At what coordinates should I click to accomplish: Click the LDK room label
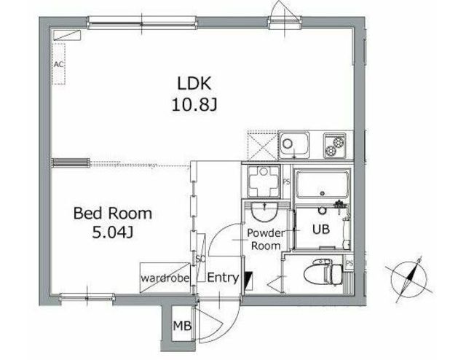pos(194,84)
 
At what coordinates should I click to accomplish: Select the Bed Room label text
pos(113,214)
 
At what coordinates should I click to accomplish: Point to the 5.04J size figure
pos(113,232)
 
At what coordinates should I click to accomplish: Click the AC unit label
pos(59,64)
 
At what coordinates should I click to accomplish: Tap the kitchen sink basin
pos(293,146)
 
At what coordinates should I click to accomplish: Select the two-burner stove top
pos(334,145)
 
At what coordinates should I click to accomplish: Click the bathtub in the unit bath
pos(322,184)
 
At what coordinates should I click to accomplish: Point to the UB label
pos(321,229)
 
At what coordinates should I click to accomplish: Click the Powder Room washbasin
pos(264,212)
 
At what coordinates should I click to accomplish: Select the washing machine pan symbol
pos(264,181)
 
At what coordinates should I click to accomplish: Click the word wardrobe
pos(165,278)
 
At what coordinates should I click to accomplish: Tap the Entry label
pos(223,278)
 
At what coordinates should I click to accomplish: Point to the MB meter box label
pos(182,326)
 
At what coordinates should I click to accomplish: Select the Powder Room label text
pos(266,240)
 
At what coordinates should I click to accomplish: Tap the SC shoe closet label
pos(200,259)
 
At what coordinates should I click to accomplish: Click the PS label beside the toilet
pos(349,264)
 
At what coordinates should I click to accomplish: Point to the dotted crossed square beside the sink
pos(261,145)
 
